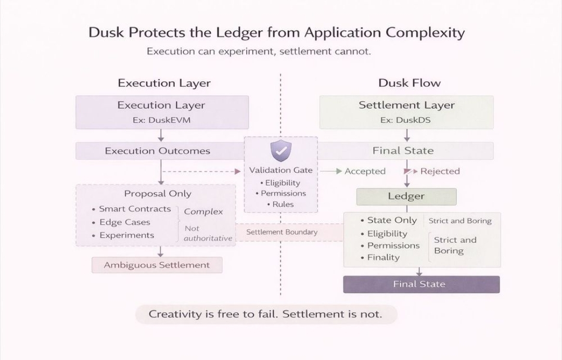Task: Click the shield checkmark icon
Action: coord(281,151)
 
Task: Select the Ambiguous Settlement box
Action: coord(157,265)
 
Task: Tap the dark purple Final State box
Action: coord(421,284)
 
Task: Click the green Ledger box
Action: coord(406,196)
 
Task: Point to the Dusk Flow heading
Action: coord(409,83)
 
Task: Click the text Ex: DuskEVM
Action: coord(161,120)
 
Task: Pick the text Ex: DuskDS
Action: coord(405,120)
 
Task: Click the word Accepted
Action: coord(365,171)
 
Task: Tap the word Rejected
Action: coord(440,171)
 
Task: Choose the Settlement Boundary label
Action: coord(282,232)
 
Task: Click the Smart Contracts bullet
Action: coord(135,209)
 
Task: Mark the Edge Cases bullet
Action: coord(125,222)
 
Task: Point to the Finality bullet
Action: coord(383,257)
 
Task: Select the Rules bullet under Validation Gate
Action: coord(283,204)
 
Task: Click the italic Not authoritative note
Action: coord(208,233)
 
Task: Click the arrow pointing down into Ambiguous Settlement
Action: coord(160,252)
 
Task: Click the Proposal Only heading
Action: coord(158,194)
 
